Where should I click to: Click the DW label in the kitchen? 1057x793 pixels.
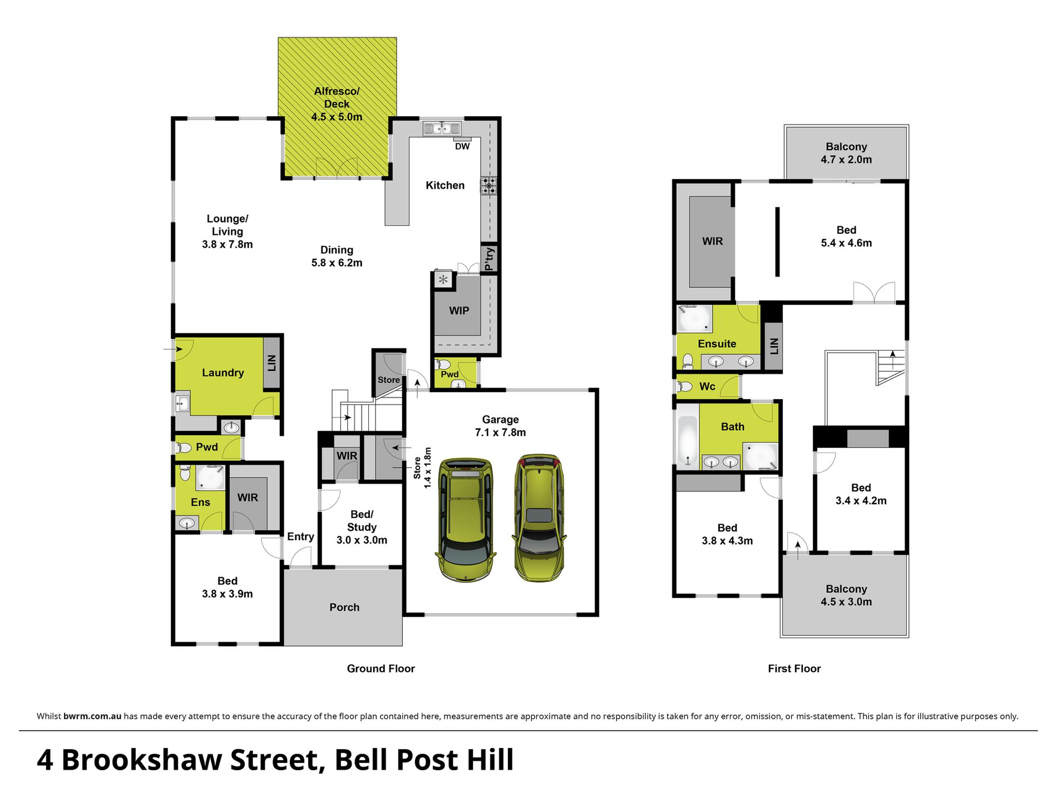coord(462,146)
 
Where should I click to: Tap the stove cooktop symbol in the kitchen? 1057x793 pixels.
coord(488,185)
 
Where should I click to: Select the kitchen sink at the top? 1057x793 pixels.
coord(442,129)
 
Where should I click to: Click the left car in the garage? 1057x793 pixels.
coord(465,519)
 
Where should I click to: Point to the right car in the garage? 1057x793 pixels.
coord(539,518)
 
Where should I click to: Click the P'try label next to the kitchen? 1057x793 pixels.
coord(489,259)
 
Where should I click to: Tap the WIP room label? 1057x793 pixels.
coord(459,311)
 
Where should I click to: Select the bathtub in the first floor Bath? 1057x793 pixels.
coord(688,441)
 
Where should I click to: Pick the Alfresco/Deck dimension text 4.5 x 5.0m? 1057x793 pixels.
coord(337,117)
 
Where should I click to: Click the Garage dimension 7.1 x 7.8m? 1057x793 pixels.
coord(500,432)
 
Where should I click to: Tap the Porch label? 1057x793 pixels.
coord(344,607)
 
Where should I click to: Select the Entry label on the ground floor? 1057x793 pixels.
coord(300,536)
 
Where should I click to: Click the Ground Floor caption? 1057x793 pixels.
coord(381,668)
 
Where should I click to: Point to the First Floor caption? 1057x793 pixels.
coord(794,668)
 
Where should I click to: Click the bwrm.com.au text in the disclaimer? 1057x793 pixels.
coord(92,716)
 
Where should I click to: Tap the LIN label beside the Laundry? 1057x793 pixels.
coord(271,363)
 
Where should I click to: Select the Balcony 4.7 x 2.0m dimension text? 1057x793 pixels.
coord(846,160)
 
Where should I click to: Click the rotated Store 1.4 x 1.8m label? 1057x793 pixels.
coord(422,467)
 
